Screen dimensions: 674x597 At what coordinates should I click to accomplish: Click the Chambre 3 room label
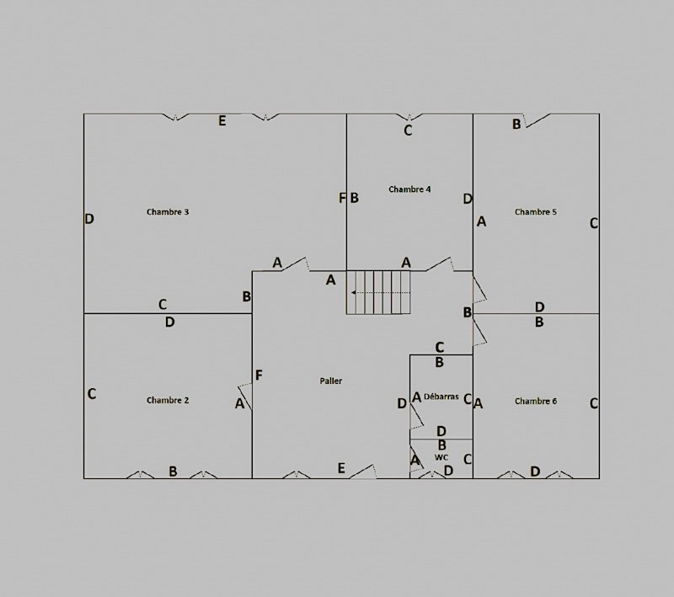click(168, 211)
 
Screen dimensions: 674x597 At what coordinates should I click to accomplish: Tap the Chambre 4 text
click(409, 189)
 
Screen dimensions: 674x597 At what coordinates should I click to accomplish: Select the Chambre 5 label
click(536, 211)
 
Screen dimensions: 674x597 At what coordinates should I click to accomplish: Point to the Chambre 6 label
click(536, 401)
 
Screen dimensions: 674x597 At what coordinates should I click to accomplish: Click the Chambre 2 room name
click(168, 400)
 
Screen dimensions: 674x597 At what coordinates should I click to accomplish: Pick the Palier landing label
click(331, 381)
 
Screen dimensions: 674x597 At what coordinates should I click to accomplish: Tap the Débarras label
click(441, 397)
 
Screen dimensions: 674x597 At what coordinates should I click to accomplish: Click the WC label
click(441, 457)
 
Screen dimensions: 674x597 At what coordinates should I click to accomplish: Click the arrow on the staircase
click(380, 292)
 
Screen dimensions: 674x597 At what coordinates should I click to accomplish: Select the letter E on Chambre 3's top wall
click(222, 121)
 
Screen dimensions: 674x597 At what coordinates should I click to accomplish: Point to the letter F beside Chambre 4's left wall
click(342, 198)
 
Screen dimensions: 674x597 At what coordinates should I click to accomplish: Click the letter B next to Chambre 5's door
click(516, 124)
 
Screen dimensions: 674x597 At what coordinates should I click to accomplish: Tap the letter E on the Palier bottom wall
click(341, 468)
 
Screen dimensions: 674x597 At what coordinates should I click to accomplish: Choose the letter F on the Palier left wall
click(259, 376)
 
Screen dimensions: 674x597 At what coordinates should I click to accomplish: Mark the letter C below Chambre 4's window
click(408, 131)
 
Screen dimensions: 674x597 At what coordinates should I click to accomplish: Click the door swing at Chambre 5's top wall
click(538, 120)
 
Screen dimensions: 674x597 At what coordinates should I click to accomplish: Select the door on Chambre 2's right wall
click(245, 396)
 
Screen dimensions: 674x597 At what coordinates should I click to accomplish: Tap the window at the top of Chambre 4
click(409, 117)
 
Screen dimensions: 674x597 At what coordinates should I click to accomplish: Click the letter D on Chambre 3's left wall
click(89, 219)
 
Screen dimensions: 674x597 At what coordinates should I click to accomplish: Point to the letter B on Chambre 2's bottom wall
click(173, 472)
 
